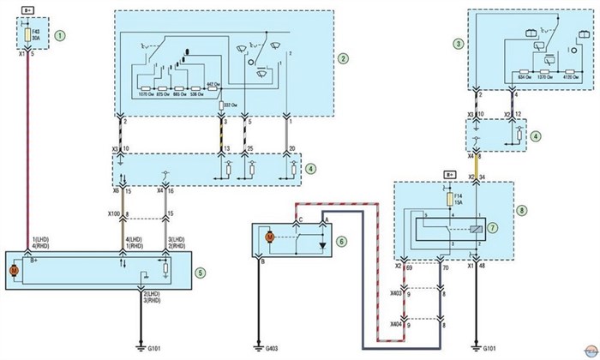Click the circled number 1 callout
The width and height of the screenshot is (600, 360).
coord(60,37)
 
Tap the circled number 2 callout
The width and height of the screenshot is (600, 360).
coord(343,58)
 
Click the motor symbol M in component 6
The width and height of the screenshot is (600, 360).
coord(268,236)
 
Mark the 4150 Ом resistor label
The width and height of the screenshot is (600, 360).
coord(569,74)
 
